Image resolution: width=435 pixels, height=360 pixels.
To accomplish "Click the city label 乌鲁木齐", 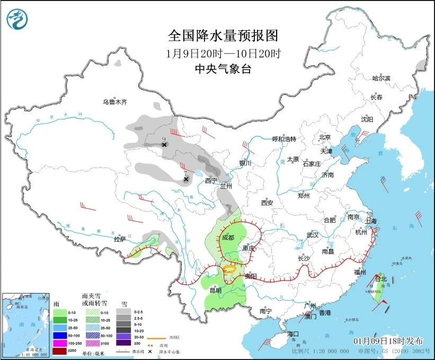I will (x=115, y=102).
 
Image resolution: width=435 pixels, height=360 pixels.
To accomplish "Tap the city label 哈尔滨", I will (x=380, y=78).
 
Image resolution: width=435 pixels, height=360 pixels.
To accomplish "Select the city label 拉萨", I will (x=120, y=239).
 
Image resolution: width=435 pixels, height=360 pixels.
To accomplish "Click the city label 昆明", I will (x=215, y=290).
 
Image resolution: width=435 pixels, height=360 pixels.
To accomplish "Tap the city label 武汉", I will (x=313, y=234).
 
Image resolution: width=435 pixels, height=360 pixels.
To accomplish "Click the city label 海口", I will (x=294, y=334).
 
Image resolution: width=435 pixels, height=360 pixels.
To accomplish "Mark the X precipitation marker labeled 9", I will (x=164, y=144).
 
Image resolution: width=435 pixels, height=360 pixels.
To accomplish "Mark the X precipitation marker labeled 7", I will (x=186, y=179).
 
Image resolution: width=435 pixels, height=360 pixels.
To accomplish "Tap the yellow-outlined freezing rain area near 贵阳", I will (x=229, y=269).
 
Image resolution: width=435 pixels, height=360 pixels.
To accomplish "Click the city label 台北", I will (x=381, y=278).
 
